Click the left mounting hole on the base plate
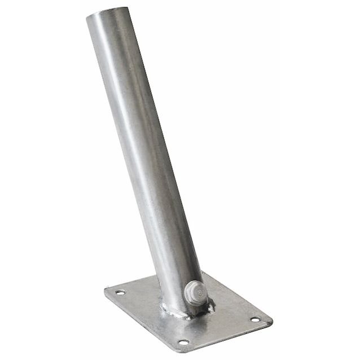(x=120, y=292)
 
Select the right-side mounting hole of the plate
(x=255, y=319)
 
